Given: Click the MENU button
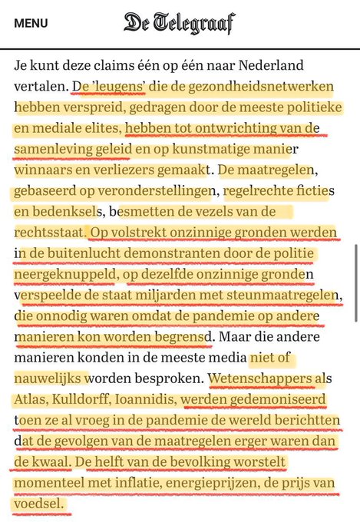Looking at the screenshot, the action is (x=31, y=23).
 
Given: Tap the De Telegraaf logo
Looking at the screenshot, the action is (x=180, y=23).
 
